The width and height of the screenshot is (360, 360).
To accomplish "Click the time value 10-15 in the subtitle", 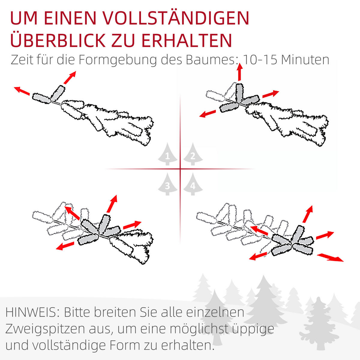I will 259,60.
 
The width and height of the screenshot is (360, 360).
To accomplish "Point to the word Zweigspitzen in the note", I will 42,329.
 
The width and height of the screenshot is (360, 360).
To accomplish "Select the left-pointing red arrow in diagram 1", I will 22,91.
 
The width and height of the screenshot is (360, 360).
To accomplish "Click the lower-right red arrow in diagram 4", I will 330,257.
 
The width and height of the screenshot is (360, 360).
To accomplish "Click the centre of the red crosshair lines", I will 180,169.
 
